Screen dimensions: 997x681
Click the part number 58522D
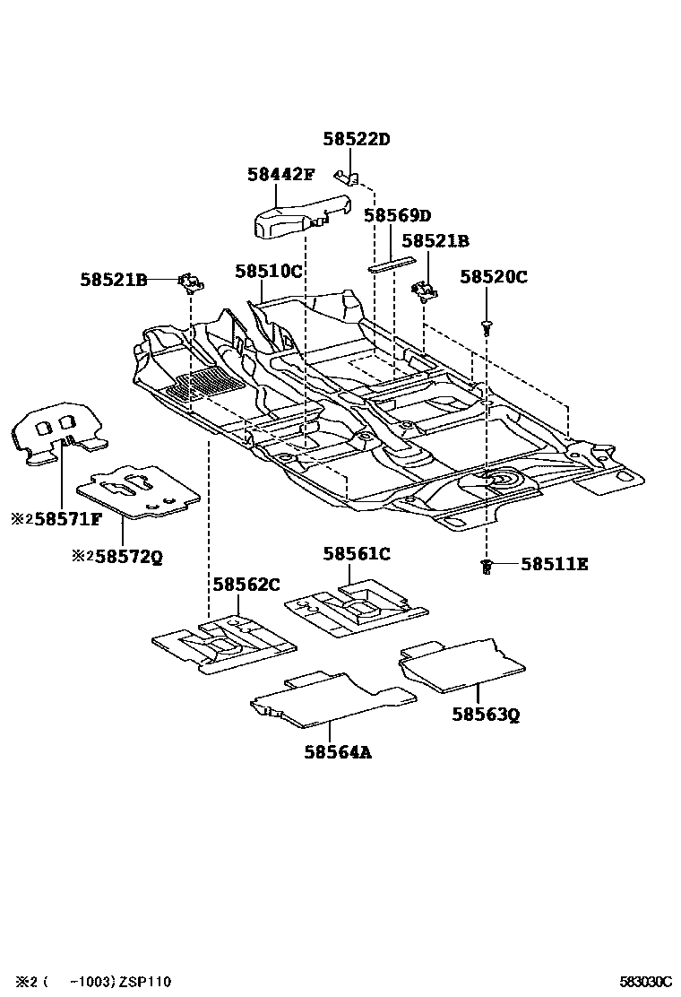[357, 139]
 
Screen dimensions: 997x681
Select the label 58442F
[281, 176]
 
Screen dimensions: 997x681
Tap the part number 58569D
[397, 216]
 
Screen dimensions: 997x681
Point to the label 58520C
[494, 277]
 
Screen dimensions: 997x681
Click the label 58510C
[269, 270]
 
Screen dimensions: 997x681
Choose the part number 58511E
[555, 564]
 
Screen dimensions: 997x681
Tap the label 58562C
[246, 585]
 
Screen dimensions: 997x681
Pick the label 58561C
[357, 555]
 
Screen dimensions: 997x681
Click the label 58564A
[336, 752]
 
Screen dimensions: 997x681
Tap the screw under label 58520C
[487, 326]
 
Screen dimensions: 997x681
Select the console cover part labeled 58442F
[296, 215]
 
